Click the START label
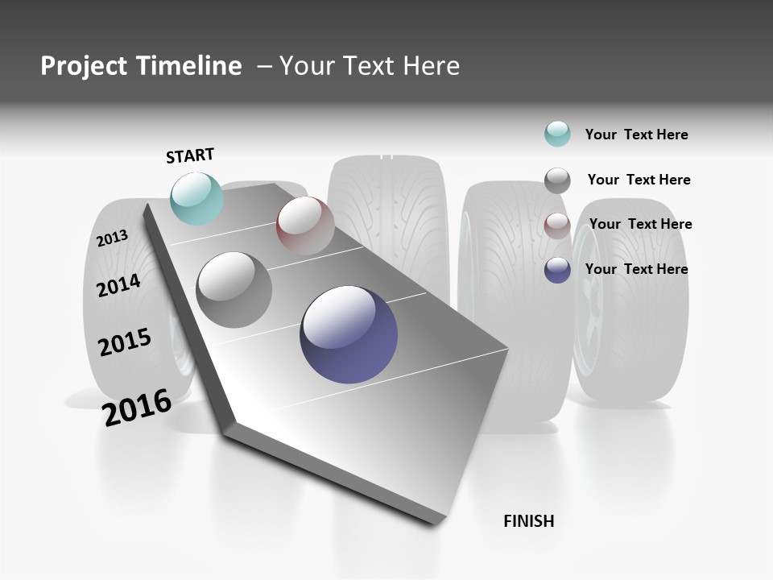[190, 155]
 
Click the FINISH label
[528, 521]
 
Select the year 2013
[113, 238]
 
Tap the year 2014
[119, 285]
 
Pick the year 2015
[125, 342]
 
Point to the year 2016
[137, 407]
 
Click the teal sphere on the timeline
[197, 198]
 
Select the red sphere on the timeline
[305, 226]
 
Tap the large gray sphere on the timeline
[234, 290]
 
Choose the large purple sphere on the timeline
[349, 334]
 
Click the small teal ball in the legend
[557, 134]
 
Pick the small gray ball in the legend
[557, 180]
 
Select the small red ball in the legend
[557, 226]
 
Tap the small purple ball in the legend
[557, 270]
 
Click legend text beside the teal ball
[636, 135]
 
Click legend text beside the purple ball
[636, 269]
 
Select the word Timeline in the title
[192, 66]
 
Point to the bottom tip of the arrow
[435, 522]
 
